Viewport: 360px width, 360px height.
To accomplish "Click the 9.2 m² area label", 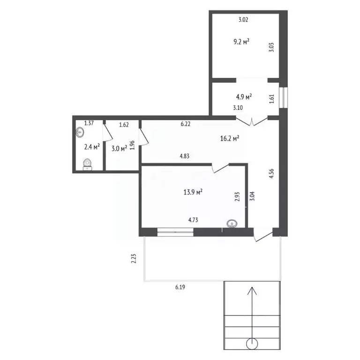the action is pyautogui.click(x=241, y=42).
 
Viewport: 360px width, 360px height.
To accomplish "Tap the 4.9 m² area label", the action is pyautogui.click(x=244, y=97).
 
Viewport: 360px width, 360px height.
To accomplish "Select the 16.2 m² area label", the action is pyautogui.click(x=230, y=138).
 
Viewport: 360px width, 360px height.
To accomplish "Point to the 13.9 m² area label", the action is pyautogui.click(x=193, y=192).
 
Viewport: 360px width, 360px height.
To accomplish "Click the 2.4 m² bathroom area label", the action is pyautogui.click(x=92, y=147).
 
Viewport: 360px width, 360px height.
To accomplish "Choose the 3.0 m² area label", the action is pyautogui.click(x=119, y=149).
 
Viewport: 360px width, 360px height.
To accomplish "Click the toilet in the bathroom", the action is pyautogui.click(x=87, y=164).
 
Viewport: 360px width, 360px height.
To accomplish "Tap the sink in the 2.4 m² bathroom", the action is pyautogui.click(x=80, y=133).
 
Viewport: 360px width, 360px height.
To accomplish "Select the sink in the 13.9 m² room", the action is pyautogui.click(x=232, y=224).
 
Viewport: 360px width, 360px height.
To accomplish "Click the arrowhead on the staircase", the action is pyautogui.click(x=252, y=291).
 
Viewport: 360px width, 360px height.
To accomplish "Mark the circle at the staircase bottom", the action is pyautogui.click(x=252, y=344).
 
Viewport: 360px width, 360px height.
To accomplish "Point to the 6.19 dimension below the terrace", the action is pyautogui.click(x=180, y=287).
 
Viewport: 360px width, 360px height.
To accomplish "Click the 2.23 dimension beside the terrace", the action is pyautogui.click(x=134, y=258).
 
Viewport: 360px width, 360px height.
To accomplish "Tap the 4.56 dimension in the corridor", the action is pyautogui.click(x=271, y=173).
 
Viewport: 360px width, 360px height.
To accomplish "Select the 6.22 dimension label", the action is pyautogui.click(x=186, y=124).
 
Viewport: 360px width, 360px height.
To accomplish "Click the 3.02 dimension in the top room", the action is pyautogui.click(x=243, y=20).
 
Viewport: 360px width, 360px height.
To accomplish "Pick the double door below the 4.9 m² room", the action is pyautogui.click(x=252, y=122).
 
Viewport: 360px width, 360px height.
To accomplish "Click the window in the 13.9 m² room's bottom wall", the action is pyautogui.click(x=175, y=232).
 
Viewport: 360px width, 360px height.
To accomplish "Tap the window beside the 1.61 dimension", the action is pyautogui.click(x=283, y=97).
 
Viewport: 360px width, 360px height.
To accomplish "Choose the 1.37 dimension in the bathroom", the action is pyautogui.click(x=89, y=123).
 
